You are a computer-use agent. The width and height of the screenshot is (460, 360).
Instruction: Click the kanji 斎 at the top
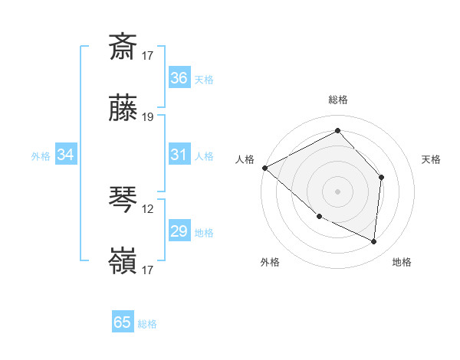pyautogui.click(x=123, y=47)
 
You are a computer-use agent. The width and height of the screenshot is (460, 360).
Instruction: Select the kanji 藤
pyautogui.click(x=123, y=110)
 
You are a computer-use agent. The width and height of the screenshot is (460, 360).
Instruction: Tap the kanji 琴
pyautogui.click(x=123, y=200)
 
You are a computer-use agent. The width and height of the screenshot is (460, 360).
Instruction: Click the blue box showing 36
pyautogui.click(x=179, y=78)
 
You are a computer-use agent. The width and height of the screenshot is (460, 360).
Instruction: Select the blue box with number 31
pyautogui.click(x=179, y=155)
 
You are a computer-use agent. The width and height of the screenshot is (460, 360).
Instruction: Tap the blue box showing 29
pyautogui.click(x=179, y=231)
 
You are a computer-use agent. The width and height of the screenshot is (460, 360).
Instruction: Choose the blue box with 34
pyautogui.click(x=66, y=155)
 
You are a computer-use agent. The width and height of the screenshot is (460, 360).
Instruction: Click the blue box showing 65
pyautogui.click(x=123, y=322)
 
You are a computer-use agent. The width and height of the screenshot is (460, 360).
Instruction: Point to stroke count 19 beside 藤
pyautogui.click(x=148, y=117)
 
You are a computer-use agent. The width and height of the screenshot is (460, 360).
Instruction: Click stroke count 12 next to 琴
pyautogui.click(x=148, y=207)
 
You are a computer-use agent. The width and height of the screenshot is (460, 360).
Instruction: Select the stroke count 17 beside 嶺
pyautogui.click(x=148, y=270)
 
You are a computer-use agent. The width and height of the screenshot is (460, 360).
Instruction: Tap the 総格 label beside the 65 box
pyautogui.click(x=148, y=324)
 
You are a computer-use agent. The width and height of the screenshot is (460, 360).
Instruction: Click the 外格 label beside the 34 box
pyautogui.click(x=41, y=156)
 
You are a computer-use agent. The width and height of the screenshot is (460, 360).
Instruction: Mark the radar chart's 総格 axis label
pyautogui.click(x=337, y=100)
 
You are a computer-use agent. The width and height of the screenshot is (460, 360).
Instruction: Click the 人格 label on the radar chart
pyautogui.click(x=245, y=159)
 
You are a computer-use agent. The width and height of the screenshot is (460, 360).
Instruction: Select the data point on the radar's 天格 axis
pyautogui.click(x=381, y=178)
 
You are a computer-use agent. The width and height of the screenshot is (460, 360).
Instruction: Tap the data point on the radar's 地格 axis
pyautogui.click(x=374, y=241)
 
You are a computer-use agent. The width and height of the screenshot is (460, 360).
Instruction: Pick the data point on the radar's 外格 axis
pyautogui.click(x=320, y=216)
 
